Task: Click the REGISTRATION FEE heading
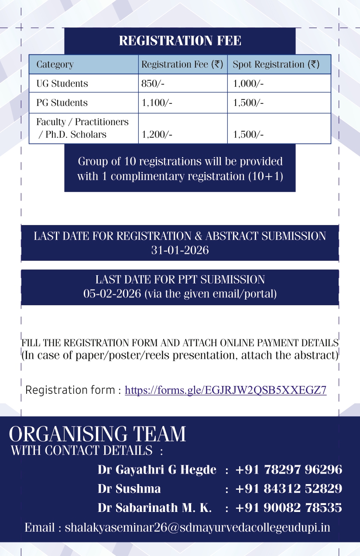180,41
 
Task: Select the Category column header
55,65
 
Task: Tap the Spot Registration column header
276,65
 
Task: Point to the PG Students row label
62,103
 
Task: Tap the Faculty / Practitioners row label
82,122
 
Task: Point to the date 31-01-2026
180,250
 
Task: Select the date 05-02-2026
113,293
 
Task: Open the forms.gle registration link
226,390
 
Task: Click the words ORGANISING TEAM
97,434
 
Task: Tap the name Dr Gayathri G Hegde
157,470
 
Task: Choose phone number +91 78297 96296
288,470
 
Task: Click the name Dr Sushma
129,489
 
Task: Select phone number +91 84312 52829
288,489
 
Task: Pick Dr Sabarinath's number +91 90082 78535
288,508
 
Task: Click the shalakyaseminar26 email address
197,527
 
